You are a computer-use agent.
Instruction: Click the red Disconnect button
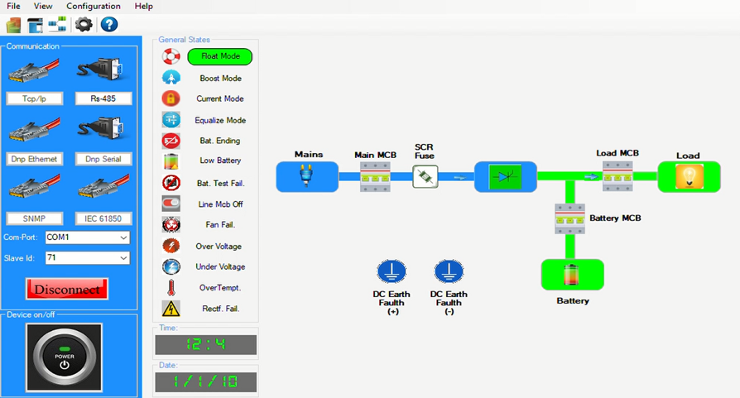click(67, 289)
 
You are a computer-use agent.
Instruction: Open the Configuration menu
click(94, 6)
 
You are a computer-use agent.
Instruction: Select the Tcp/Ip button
click(35, 98)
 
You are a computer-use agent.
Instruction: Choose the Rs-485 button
click(103, 98)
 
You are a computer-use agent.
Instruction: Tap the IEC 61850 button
click(103, 218)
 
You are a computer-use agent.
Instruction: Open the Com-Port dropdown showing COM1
click(87, 237)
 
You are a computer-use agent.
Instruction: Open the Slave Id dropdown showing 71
click(87, 258)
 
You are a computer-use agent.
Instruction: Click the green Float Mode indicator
click(219, 56)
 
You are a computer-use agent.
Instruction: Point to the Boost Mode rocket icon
click(171, 78)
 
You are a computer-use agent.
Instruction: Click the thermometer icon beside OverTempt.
click(171, 288)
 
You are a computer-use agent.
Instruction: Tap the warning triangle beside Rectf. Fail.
click(171, 309)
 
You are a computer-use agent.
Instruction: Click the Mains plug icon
click(306, 176)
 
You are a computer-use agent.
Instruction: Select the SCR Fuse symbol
click(425, 176)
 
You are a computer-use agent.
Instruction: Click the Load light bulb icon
click(688, 176)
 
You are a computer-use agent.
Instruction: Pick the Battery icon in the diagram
click(572, 275)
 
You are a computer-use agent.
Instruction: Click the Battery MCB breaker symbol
click(569, 218)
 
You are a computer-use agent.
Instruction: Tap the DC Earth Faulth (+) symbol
click(392, 271)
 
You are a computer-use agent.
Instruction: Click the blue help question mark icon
click(109, 25)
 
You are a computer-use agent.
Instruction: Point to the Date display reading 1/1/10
click(205, 381)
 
